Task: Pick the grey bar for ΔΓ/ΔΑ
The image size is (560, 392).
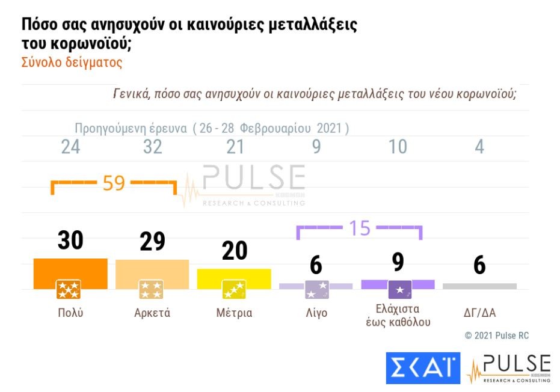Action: coord(479,286)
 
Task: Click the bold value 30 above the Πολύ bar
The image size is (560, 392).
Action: coord(70,240)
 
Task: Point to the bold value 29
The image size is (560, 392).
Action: coord(152,241)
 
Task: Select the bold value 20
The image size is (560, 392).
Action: coord(234,251)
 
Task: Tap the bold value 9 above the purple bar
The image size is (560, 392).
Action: coord(398,263)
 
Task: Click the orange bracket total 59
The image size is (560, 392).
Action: coord(114,183)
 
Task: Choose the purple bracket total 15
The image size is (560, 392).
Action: coord(360,228)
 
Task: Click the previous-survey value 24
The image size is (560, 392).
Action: coord(70,147)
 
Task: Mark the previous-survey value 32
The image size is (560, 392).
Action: coord(152,147)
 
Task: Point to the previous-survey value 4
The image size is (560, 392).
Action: coord(479,147)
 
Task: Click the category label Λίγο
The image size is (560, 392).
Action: coord(316,313)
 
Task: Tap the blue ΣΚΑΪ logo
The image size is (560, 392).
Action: coord(423,368)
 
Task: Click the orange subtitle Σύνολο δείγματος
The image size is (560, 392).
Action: coord(72,63)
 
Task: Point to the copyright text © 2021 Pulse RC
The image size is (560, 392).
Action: coord(497,335)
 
